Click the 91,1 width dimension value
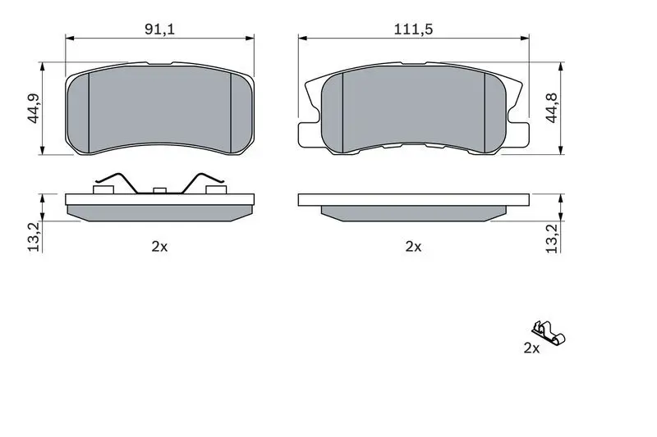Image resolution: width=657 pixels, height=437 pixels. [159, 30]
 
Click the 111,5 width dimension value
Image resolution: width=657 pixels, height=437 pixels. [413, 30]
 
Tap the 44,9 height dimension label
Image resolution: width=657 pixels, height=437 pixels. [34, 108]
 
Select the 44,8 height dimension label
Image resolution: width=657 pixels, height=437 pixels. [552, 108]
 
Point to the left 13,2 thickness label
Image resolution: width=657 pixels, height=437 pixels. [34, 237]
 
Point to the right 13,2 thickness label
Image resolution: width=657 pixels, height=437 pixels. [552, 239]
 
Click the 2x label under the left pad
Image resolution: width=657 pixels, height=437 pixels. [159, 247]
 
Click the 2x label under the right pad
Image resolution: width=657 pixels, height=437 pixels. [413, 247]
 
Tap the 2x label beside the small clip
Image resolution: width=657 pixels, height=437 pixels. [531, 348]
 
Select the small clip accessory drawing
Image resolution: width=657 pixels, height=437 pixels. [549, 334]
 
